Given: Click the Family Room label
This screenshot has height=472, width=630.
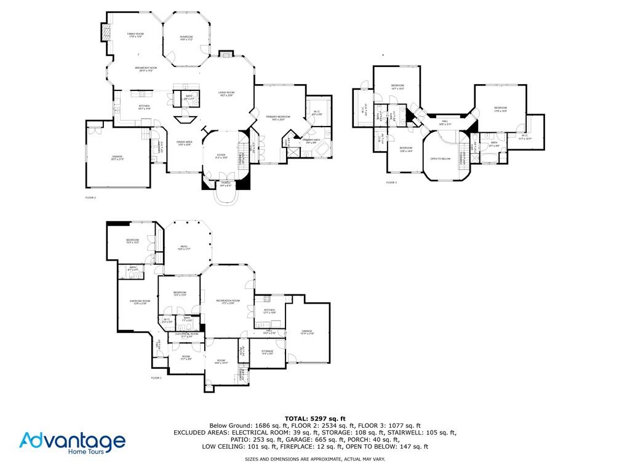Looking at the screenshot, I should (x=135, y=35).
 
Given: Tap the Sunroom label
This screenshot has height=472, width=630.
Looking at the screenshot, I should (x=186, y=38).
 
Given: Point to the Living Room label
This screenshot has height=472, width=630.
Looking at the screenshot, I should (x=226, y=93).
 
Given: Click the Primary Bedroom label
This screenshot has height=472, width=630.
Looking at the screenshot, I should (x=278, y=117).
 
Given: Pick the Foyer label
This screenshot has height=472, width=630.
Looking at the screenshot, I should (x=220, y=156).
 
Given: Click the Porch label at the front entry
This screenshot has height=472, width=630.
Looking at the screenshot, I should (x=226, y=184).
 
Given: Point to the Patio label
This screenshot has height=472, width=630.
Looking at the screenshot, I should (x=185, y=248).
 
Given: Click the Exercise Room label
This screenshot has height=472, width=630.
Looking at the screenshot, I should (x=140, y=302).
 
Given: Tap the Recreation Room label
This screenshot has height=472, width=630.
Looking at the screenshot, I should (x=227, y=302).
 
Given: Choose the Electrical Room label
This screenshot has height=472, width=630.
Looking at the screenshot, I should (x=186, y=335).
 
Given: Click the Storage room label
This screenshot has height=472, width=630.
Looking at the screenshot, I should (x=267, y=352).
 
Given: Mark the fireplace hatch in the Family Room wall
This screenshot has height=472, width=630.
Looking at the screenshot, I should (x=105, y=32).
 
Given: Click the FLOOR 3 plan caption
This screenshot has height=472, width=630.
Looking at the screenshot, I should (x=391, y=183).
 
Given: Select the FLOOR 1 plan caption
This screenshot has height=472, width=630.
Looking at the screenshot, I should (x=156, y=378).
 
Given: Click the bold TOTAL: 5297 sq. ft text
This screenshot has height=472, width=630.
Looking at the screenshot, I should (x=315, y=419).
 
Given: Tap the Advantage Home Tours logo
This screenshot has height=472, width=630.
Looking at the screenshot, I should (x=73, y=443).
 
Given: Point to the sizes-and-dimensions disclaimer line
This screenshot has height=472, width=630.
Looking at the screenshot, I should (x=315, y=459).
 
